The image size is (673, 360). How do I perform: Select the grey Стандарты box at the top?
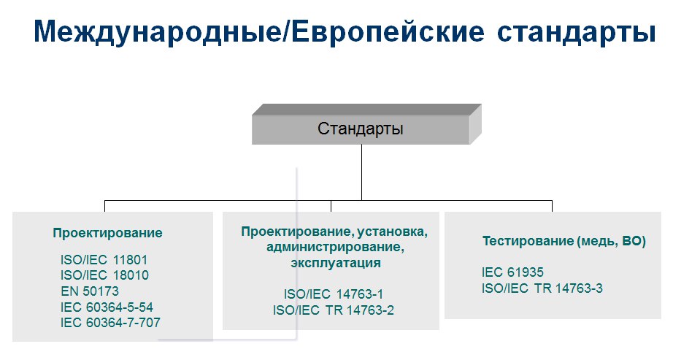366,124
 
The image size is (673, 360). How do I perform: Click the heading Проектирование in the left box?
108,233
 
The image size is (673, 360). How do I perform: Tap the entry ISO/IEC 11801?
104,260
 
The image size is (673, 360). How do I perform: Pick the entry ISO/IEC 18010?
104,275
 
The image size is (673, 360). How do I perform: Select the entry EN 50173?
90,291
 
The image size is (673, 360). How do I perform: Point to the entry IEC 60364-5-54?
107,307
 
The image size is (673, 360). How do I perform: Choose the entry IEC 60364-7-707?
110,323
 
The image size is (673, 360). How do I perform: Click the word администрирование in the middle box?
336,248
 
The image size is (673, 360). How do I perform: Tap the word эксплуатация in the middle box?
336,263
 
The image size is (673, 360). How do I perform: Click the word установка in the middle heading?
392,232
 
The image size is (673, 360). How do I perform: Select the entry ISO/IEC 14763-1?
334,294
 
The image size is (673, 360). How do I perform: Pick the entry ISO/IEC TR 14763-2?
334,310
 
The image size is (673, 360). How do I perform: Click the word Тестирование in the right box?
528,241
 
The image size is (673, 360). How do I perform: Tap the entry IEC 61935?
512,272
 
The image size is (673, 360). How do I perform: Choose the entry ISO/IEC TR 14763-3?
542,288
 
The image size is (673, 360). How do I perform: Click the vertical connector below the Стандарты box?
361,172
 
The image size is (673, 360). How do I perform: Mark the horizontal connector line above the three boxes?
328,201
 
